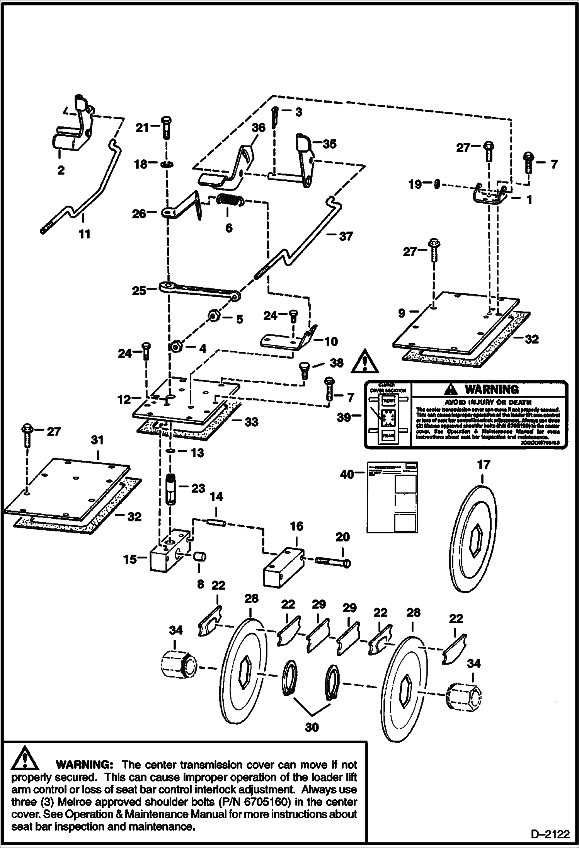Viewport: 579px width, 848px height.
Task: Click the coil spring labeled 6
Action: pos(229,200)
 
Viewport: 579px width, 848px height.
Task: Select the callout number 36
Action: pos(259,128)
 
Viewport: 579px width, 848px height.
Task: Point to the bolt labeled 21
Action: pos(167,127)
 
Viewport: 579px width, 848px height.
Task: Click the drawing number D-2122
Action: pos(550,834)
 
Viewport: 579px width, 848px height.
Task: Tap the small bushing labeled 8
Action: pos(200,557)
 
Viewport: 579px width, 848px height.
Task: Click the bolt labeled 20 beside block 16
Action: pos(332,561)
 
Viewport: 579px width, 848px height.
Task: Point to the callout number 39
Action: pos(344,417)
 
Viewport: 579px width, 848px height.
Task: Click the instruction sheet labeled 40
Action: pos(392,496)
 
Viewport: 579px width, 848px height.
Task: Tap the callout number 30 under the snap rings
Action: pos(312,727)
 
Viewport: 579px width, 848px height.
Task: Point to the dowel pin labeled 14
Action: pos(216,522)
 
